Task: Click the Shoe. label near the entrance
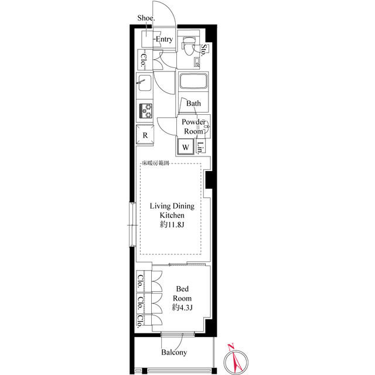tap(146, 18)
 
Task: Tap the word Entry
tap(164, 39)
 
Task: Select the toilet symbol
tap(188, 46)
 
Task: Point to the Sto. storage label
tap(203, 50)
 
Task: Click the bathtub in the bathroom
tap(193, 81)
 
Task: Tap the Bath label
tap(193, 103)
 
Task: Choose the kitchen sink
tap(144, 83)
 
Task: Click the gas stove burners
tap(146, 111)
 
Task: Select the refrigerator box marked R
tap(145, 135)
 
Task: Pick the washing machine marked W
tap(185, 147)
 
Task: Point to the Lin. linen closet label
tap(200, 147)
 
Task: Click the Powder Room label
tap(193, 127)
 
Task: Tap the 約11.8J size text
tap(172, 225)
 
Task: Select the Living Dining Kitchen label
tap(172, 210)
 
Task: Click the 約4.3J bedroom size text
tap(182, 308)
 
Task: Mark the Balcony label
tap(174, 352)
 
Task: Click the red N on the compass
tap(231, 346)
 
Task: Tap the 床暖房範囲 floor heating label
tap(156, 163)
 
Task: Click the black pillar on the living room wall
tap(209, 180)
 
